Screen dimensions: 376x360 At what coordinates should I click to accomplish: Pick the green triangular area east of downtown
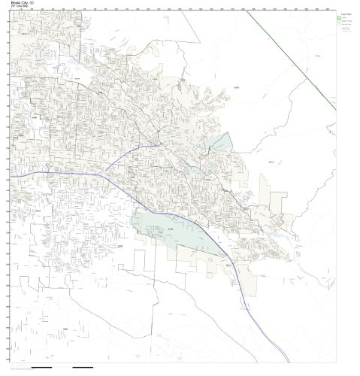tap(219, 144)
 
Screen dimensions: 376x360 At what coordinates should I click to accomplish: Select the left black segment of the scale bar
tap(43, 368)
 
